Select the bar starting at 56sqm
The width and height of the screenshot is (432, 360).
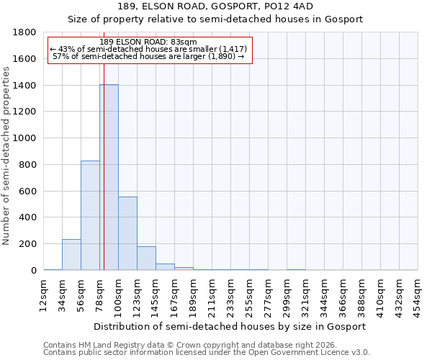[90, 215]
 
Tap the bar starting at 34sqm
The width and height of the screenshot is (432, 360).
[71, 255]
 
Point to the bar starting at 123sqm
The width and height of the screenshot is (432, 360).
[146, 258]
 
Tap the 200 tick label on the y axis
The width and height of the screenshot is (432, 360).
[29, 244]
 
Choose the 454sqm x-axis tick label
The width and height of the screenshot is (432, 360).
[418, 293]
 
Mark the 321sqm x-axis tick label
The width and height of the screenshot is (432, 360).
[306, 293]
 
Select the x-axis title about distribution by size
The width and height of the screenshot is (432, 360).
[230, 326]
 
